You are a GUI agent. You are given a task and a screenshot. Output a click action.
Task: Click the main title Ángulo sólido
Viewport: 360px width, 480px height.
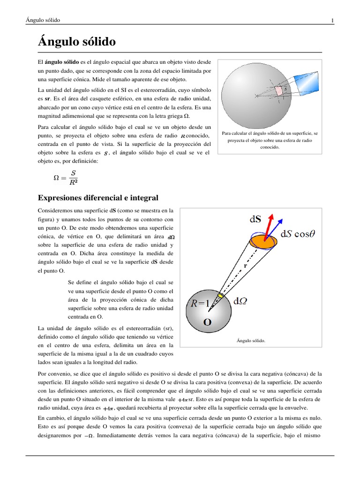click(x=76, y=42)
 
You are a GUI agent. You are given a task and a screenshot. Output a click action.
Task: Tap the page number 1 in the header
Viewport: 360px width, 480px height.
click(x=332, y=20)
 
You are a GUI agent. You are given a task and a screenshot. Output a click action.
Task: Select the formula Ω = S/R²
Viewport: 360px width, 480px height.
click(x=67, y=178)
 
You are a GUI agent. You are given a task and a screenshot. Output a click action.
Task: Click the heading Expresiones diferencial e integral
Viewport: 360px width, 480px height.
click(x=98, y=198)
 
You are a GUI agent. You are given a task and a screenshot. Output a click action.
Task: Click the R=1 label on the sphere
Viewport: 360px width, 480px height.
click(x=200, y=303)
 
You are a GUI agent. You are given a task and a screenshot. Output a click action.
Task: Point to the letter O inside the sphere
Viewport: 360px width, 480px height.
click(x=207, y=322)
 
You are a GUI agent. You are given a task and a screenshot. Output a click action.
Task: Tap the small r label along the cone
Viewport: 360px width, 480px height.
click(x=245, y=265)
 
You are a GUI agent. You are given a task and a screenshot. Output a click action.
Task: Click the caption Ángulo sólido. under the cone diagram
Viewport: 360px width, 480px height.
click(x=252, y=341)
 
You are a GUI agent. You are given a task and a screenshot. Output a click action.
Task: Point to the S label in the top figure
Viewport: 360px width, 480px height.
click(x=285, y=88)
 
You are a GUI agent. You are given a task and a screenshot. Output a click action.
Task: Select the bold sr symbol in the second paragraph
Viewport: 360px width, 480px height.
click(x=47, y=99)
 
